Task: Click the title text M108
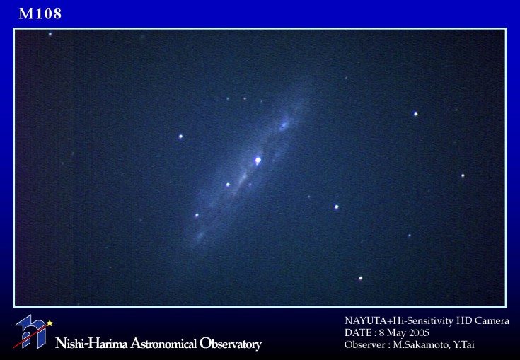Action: pos(40,13)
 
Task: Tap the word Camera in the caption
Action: pos(492,320)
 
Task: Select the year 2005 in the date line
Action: pos(419,332)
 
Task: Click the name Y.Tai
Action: pos(464,344)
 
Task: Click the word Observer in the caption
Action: pos(363,344)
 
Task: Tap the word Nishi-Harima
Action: pos(91,344)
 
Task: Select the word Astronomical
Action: pos(163,344)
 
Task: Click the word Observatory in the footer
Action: pos(231,344)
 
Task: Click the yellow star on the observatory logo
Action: pos(50,323)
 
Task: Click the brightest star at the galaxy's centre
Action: pos(258,161)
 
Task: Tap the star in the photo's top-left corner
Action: pos(50,34)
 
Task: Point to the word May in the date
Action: pos(396,333)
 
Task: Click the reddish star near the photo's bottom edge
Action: pos(361,279)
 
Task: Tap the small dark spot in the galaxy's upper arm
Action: pos(282,127)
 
